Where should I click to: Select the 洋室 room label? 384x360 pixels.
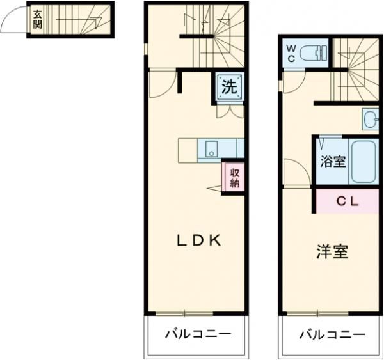coord(332,251)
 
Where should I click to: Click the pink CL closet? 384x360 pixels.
coord(348,201)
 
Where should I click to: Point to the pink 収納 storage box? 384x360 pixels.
coord(234,176)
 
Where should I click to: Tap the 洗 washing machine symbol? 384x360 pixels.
coord(230,88)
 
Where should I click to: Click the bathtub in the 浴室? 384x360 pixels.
coord(363,161)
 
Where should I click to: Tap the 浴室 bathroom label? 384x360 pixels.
coord(332,161)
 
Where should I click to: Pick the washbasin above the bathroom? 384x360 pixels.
coord(371,119)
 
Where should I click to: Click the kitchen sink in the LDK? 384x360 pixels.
coord(212,150)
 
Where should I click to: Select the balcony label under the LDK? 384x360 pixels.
coord(197,334)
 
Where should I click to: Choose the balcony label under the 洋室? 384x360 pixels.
coord(332,334)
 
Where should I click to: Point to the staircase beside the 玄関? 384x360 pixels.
coord(75,20)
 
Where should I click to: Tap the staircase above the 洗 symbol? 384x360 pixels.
coord(211,35)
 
